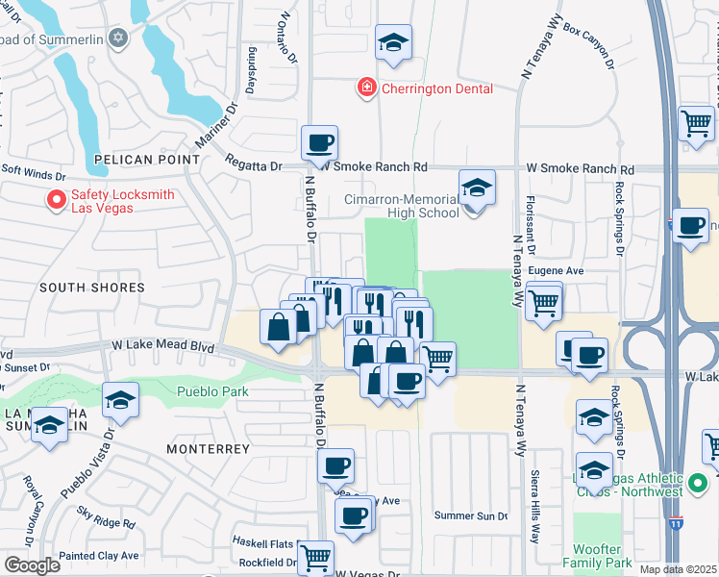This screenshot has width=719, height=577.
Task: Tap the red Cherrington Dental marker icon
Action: click(366, 88)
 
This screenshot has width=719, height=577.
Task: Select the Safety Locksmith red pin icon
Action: click(57, 200)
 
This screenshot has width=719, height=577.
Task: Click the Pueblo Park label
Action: click(212, 391)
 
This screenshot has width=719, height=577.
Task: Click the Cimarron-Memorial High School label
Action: click(402, 206)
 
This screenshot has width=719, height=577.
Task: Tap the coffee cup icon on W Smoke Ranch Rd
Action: click(319, 143)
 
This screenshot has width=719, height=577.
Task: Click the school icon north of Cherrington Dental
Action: click(392, 42)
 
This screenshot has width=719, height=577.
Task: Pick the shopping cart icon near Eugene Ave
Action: click(544, 301)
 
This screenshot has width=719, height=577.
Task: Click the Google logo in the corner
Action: click(32, 565)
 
